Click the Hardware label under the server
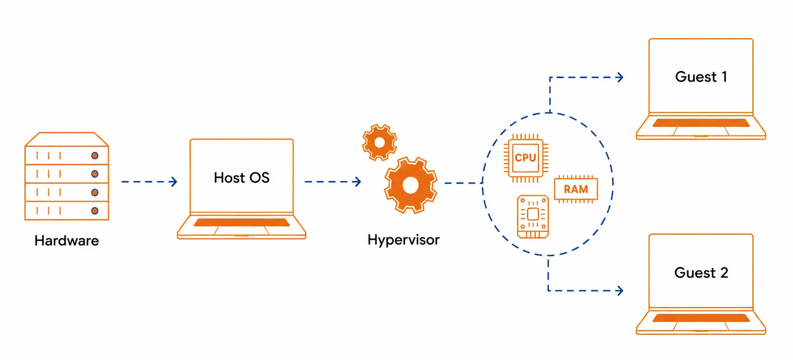point(66,241)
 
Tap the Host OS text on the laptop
point(241,178)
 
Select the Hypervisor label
point(403,240)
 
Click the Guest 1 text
point(701,77)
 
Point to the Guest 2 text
point(701,273)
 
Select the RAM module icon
point(576,189)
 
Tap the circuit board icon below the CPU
point(533,216)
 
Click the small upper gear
point(379,142)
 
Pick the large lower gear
point(411,185)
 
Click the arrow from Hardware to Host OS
point(149,182)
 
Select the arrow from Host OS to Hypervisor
point(333,182)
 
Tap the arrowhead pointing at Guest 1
point(620,78)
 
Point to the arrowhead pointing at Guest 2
point(620,291)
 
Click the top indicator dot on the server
point(95,156)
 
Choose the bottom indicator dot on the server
point(95,210)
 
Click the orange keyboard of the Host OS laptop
point(241,222)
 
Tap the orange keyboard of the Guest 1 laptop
point(701,123)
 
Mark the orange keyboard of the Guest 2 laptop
point(701,318)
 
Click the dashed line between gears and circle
point(463,183)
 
